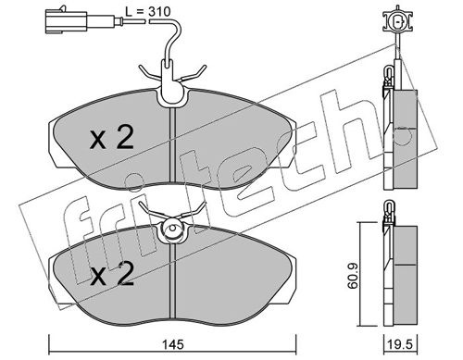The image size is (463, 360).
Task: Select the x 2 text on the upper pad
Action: tap(113, 139)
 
